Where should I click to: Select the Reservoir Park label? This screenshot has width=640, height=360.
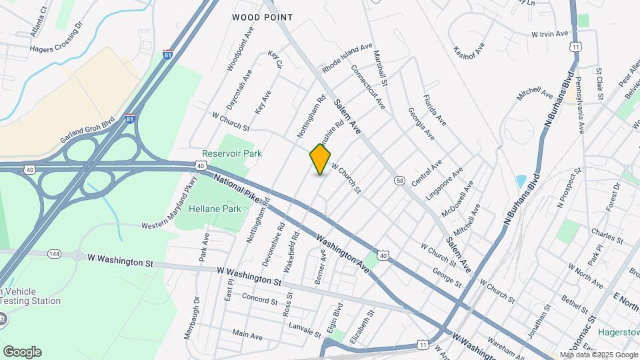(x=232, y=153)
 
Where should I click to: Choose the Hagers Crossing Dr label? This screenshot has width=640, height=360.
(x=56, y=38)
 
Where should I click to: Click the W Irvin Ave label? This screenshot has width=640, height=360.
(x=549, y=33)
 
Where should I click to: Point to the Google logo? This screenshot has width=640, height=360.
(x=22, y=351)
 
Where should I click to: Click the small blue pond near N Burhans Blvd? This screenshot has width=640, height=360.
(x=520, y=181)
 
